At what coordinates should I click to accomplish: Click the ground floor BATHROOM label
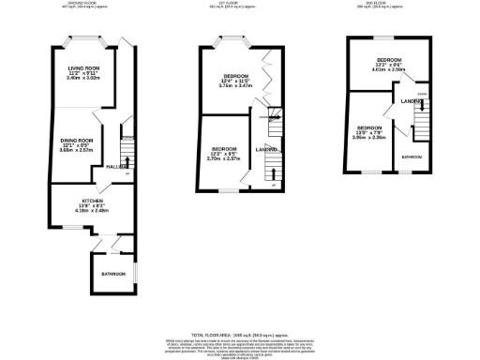tap(113, 273)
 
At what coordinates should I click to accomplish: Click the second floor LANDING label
tap(409, 100)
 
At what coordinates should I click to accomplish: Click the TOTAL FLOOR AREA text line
tap(240, 335)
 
